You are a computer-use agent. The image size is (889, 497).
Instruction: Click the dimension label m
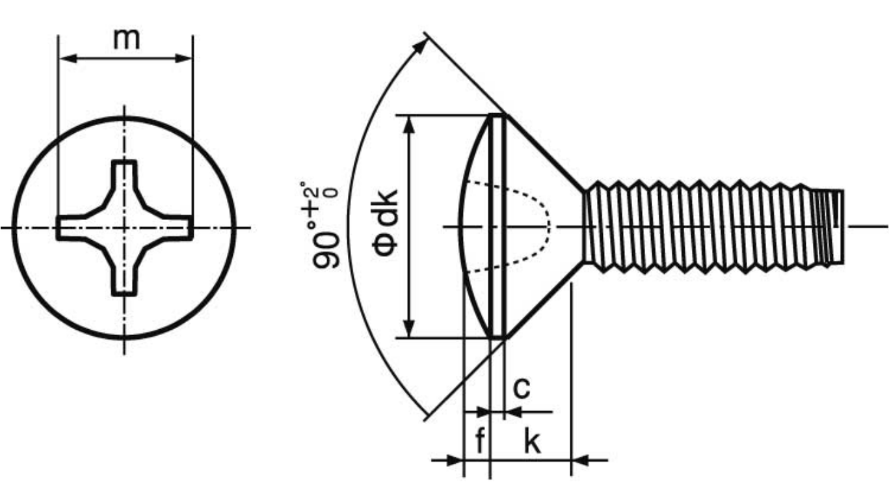127,40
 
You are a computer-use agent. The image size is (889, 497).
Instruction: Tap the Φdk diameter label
384,224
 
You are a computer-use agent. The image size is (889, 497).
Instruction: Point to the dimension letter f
480,440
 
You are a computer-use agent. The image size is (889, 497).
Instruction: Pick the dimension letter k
532,440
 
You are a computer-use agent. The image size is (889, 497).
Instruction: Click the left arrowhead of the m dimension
68,59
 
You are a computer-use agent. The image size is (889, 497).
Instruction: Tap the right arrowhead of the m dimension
184,59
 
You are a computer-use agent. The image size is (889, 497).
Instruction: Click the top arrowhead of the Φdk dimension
410,125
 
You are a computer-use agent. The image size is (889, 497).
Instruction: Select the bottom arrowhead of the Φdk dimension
410,329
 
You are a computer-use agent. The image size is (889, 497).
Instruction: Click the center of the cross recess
125,228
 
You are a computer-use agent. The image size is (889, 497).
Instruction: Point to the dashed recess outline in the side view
550,227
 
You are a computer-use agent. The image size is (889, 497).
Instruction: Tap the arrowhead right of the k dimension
580,461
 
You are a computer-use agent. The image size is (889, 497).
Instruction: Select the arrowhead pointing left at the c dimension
514,412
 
